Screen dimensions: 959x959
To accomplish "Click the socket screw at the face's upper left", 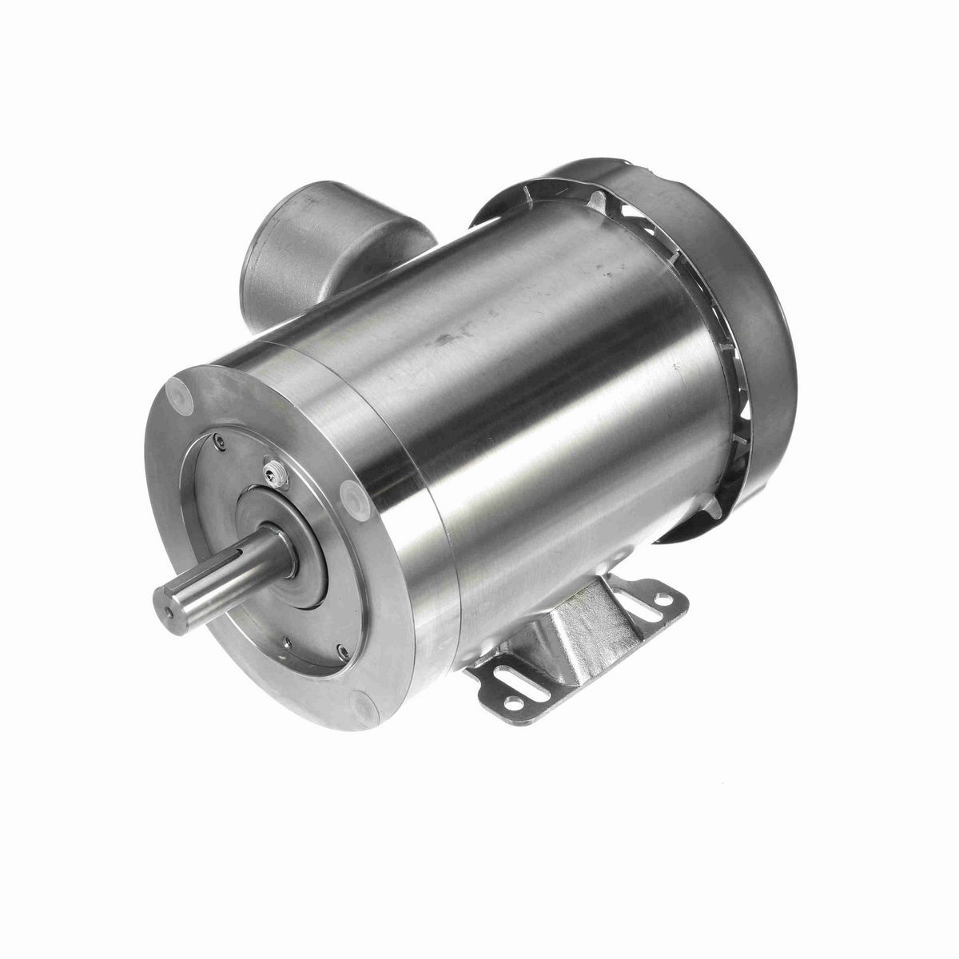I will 218,437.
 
